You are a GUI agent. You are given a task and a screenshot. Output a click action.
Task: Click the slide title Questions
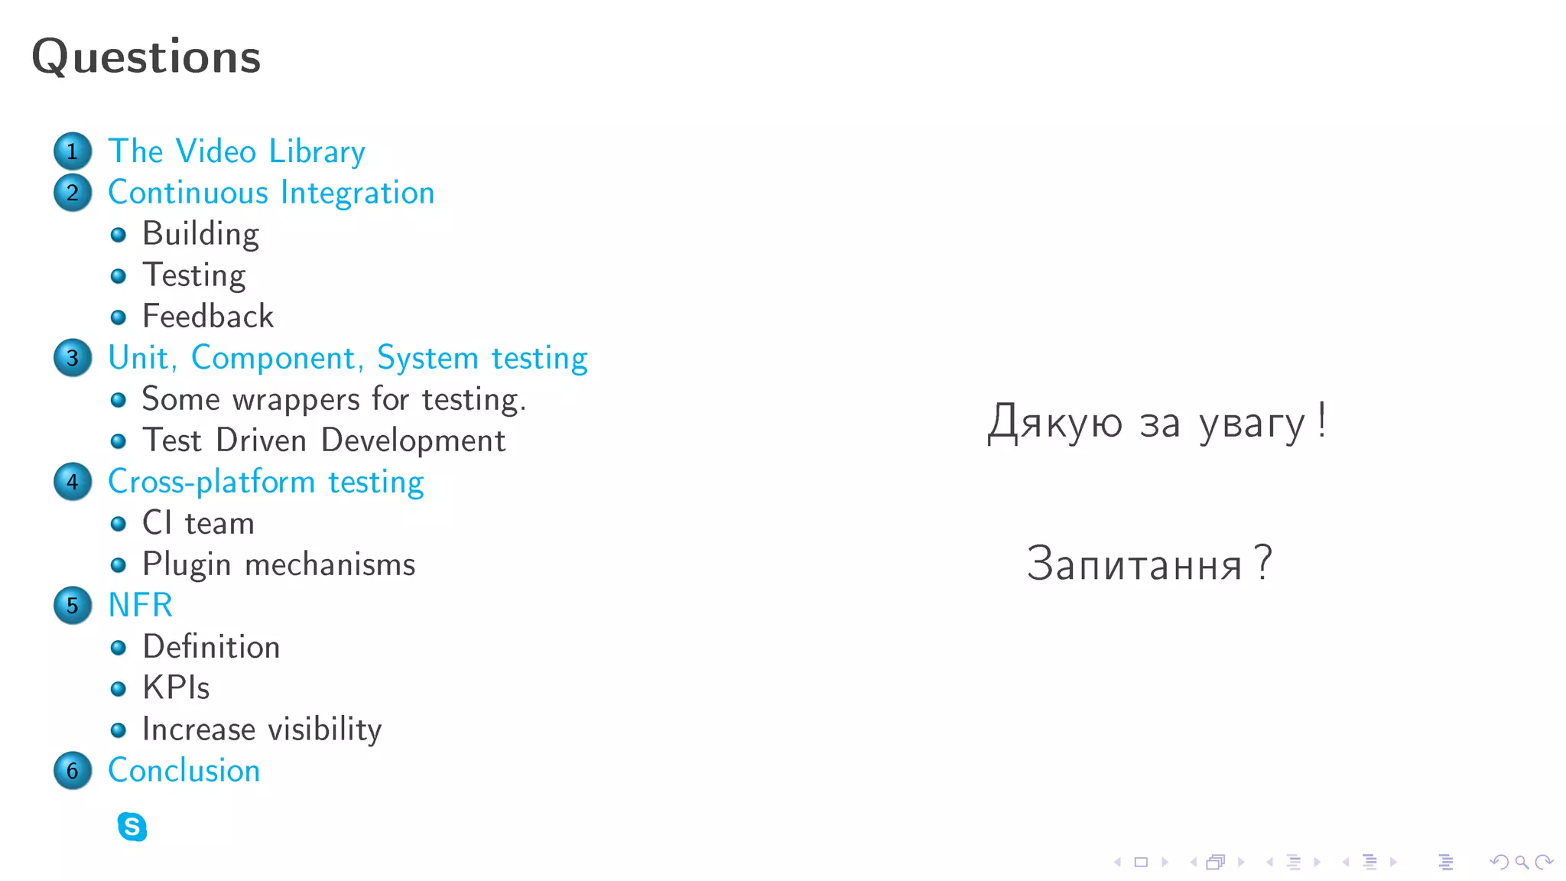[x=146, y=57]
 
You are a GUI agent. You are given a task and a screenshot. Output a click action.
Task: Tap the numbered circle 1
[x=73, y=151]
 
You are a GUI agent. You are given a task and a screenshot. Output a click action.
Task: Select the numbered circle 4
[x=73, y=482]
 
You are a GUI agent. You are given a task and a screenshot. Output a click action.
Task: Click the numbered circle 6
[x=73, y=771]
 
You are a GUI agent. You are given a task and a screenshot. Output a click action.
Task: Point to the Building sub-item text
[x=200, y=235]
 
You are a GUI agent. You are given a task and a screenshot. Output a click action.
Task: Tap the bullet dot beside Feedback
[x=118, y=317]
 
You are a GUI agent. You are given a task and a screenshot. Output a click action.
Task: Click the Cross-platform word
[x=211, y=483]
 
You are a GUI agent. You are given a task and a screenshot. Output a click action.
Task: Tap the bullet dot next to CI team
[x=118, y=524]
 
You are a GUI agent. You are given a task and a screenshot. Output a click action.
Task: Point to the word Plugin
[x=187, y=565]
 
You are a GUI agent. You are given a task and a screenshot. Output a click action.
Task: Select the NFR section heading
[x=140, y=606]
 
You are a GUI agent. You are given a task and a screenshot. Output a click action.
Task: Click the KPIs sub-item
[x=176, y=688]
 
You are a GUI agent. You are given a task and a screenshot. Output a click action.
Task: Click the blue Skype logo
[x=132, y=827]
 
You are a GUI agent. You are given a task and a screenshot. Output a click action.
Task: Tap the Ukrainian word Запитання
[x=1134, y=564]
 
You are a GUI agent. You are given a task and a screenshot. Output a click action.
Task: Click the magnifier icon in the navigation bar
[x=1522, y=863]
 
